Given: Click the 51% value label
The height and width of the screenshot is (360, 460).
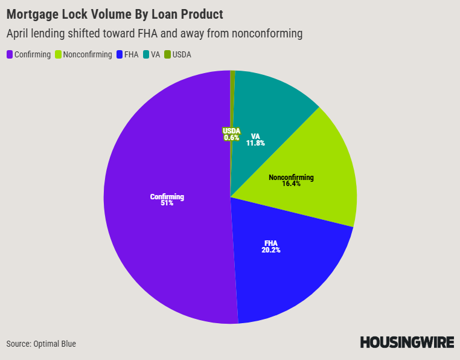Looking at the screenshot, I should tap(167, 204).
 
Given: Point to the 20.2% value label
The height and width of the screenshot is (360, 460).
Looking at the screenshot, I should tap(272, 249).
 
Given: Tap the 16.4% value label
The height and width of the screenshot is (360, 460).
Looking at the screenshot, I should tap(291, 184).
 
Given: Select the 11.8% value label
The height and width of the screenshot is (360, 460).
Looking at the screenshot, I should tap(255, 143).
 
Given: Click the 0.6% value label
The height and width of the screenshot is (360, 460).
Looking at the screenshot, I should tap(231, 138).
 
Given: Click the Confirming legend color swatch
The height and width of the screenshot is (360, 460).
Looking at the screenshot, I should tap(10, 54).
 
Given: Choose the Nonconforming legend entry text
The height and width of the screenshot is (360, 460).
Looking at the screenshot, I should tap(87, 54).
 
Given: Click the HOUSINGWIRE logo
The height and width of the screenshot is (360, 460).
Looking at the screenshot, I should tap(407, 342).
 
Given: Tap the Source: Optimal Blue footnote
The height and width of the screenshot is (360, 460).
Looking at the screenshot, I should tap(41, 344).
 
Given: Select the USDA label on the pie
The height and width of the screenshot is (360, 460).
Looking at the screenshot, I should tap(231, 131).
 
